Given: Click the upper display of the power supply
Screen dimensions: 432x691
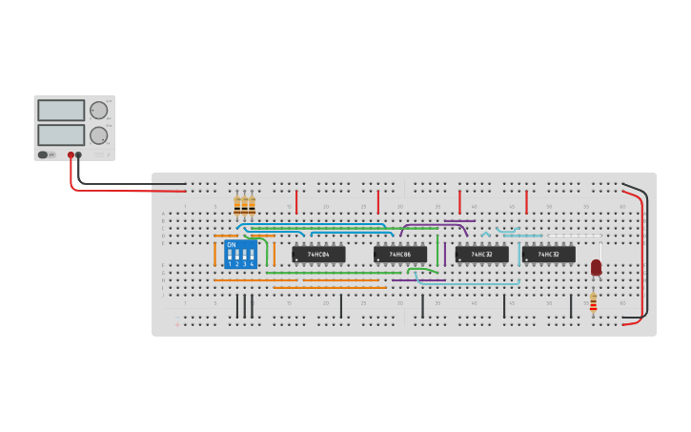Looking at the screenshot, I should click(x=61, y=110).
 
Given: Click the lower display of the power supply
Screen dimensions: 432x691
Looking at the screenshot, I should click(x=61, y=134).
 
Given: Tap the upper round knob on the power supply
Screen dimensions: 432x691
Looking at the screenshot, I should click(x=98, y=110).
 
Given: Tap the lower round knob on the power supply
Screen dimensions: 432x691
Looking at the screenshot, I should click(x=98, y=135).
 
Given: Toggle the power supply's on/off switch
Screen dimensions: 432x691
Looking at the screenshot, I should click(x=43, y=154).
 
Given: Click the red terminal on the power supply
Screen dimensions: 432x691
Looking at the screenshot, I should click(x=71, y=154).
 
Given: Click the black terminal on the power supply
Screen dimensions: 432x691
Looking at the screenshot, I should click(x=79, y=154).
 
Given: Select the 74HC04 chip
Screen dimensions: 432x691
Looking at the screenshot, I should click(x=318, y=255).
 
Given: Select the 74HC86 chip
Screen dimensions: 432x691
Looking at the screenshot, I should click(x=400, y=255).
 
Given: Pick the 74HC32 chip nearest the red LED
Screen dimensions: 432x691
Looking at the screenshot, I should click(x=548, y=255).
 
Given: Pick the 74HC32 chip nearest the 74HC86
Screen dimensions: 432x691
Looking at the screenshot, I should click(x=481, y=255).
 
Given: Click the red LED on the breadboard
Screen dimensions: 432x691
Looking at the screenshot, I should click(x=596, y=267).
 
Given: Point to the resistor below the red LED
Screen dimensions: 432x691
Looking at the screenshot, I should click(x=593, y=301).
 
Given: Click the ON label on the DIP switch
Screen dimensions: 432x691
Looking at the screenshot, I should click(x=232, y=245).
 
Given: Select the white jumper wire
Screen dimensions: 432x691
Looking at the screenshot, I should click(x=572, y=236).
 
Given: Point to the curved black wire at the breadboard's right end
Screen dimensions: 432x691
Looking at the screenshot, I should click(x=646, y=248).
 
